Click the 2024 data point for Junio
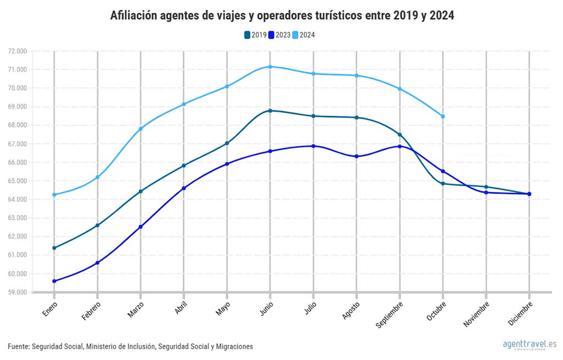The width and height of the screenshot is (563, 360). [x=270, y=67]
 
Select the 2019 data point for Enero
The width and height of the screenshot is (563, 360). [x=54, y=248]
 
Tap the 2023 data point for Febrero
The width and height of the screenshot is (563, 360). [x=97, y=263]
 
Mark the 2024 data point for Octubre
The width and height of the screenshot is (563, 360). [x=443, y=116]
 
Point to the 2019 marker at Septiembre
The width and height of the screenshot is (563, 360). [x=400, y=135]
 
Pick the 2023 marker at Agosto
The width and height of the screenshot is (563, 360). [x=356, y=157]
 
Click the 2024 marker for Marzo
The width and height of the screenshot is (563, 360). [x=141, y=129]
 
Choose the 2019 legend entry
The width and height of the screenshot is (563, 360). [x=255, y=35]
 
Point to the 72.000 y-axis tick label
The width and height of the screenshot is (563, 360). [x=18, y=51]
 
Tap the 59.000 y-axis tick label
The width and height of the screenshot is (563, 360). [x=18, y=292]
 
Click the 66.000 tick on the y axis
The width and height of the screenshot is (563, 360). [x=18, y=162]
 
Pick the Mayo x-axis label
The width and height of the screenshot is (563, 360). [x=223, y=308]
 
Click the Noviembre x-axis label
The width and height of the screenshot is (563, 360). [x=477, y=314]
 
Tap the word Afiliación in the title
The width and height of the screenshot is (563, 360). [x=135, y=15]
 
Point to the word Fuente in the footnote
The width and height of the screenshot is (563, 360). [x=18, y=346]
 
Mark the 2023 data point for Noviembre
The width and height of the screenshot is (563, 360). [x=486, y=192]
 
